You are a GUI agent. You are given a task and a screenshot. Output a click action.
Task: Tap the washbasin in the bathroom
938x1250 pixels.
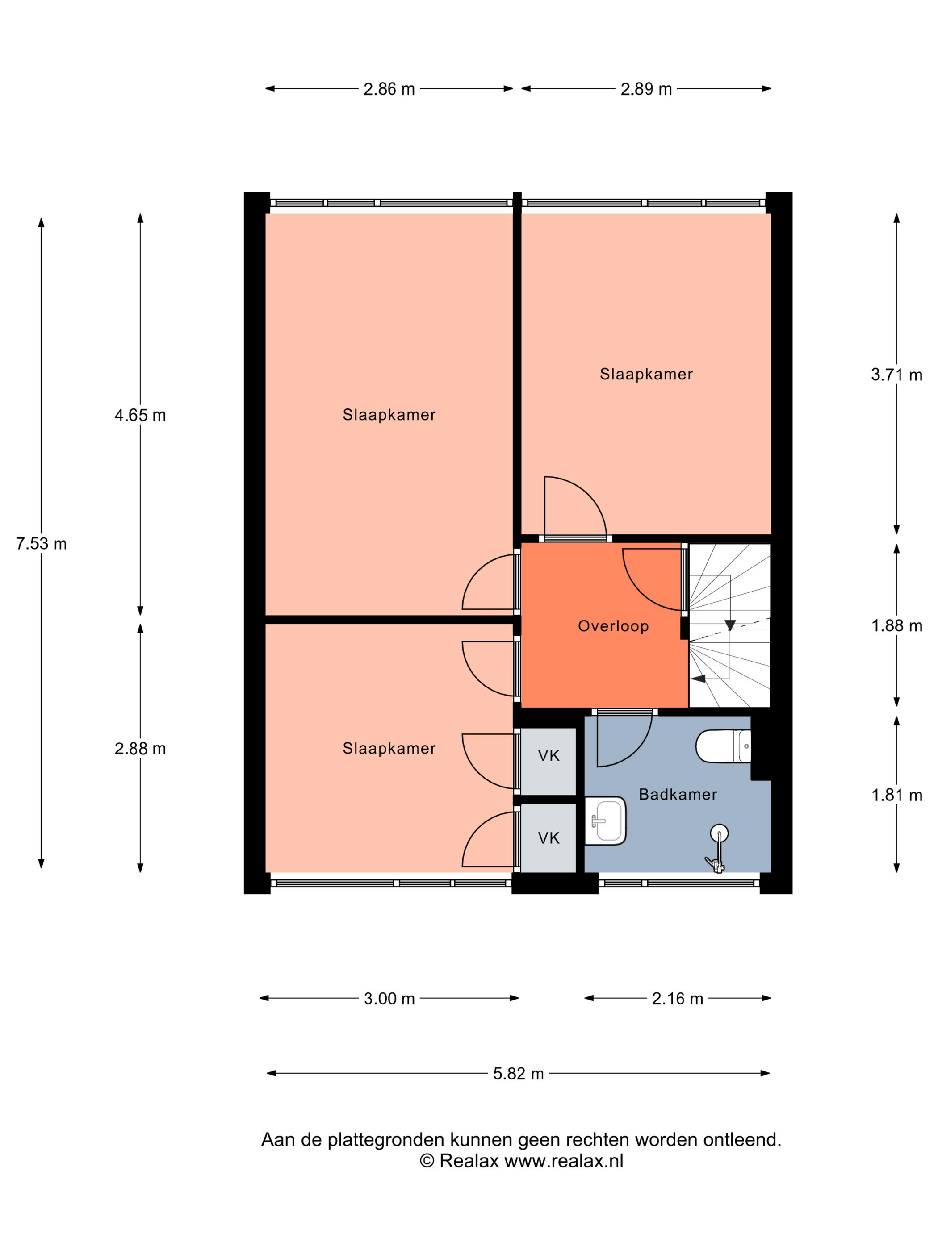pyautogui.click(x=605, y=821)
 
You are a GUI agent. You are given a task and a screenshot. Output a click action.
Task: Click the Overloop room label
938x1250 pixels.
pyautogui.click(x=613, y=626)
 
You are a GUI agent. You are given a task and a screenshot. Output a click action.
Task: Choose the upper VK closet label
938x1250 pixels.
pyautogui.click(x=549, y=755)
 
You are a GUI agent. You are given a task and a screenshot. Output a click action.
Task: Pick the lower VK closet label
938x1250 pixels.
pyautogui.click(x=549, y=838)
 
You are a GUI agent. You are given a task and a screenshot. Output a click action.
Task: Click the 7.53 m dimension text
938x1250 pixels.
pyautogui.click(x=41, y=544)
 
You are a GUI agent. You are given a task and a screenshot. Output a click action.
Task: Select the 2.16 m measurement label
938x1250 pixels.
pyautogui.click(x=677, y=999)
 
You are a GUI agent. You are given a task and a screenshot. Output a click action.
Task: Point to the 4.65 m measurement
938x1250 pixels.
pyautogui.click(x=140, y=415)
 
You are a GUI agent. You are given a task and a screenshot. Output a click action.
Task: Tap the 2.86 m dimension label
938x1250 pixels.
pyautogui.click(x=389, y=89)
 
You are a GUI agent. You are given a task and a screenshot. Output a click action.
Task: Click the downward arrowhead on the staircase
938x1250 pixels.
pyautogui.click(x=730, y=625)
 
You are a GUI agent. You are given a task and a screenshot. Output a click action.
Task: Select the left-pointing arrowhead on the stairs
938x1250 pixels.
pyautogui.click(x=699, y=679)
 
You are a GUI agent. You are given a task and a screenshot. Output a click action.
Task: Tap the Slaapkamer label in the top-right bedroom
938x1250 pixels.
pyautogui.click(x=646, y=374)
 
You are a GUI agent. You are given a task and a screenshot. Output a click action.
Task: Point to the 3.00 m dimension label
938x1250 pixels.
pyautogui.click(x=389, y=999)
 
